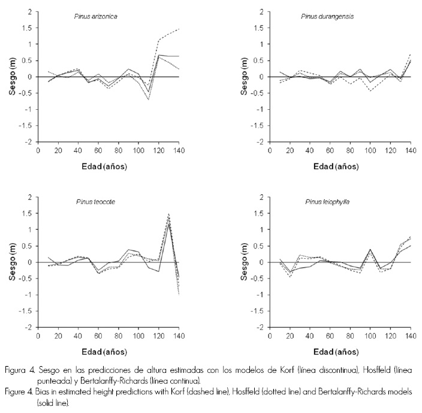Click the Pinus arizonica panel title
tap(92, 16)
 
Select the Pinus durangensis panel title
tap(327, 16)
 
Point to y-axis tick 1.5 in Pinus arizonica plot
tap(26, 28)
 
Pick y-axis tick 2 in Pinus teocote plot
tap(29, 197)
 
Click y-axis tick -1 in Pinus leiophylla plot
tap(266, 295)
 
